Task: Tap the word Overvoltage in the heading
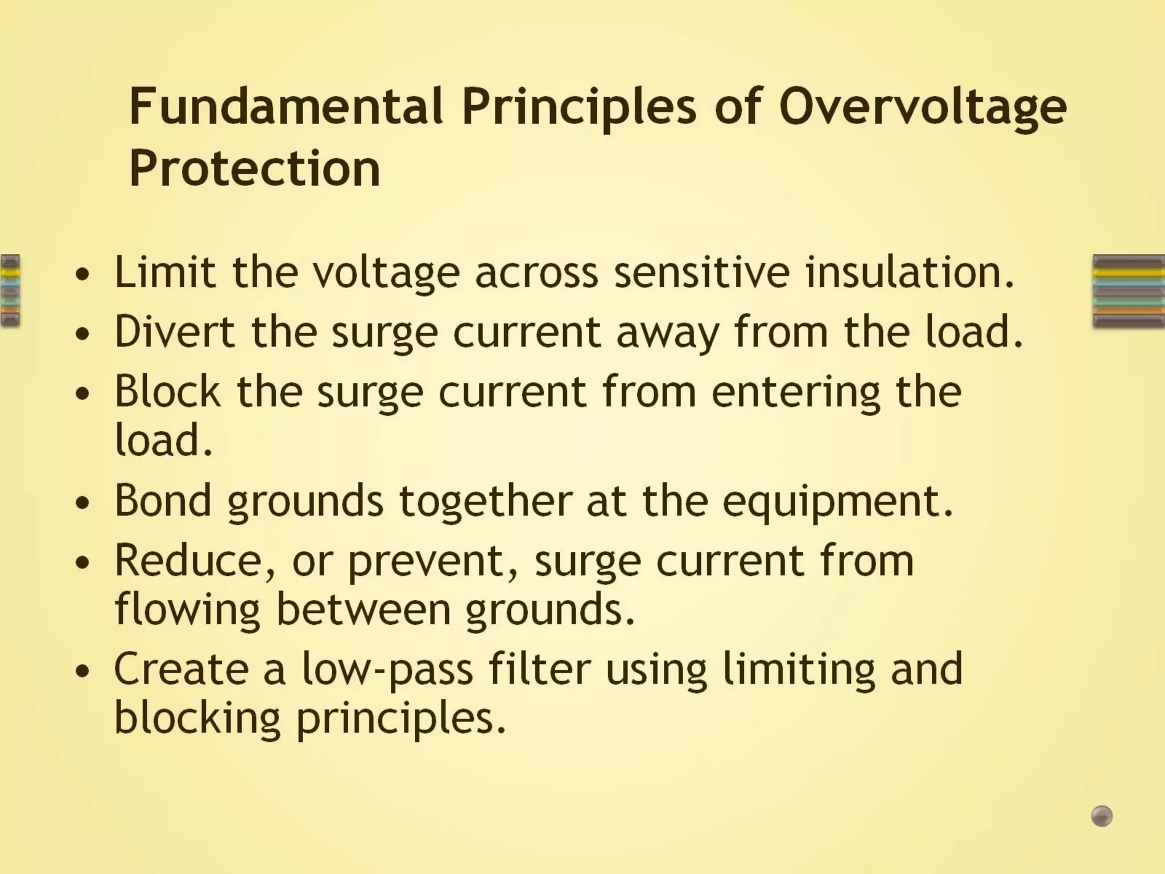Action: pos(922,106)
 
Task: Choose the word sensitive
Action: pos(702,272)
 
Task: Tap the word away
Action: pos(668,332)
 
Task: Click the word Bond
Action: pos(163,501)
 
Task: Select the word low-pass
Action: pos(387,670)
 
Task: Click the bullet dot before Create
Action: pos(82,671)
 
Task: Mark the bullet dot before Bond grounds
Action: pos(82,503)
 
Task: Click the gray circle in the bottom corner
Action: pos(1101,816)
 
